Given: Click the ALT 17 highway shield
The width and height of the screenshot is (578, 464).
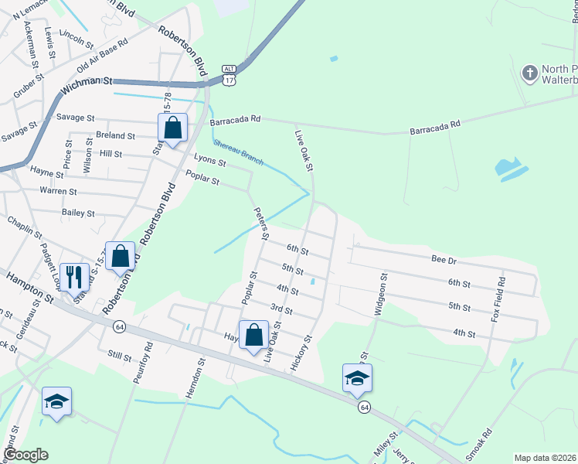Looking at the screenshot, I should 229,74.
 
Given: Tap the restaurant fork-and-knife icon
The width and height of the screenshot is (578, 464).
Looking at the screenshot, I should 75,275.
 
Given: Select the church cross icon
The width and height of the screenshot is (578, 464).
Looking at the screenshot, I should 530,74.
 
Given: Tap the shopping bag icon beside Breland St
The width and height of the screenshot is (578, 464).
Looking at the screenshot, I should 173,128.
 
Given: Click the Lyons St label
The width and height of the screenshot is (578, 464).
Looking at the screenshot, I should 209,162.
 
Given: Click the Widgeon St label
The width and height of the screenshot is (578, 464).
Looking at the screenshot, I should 379,294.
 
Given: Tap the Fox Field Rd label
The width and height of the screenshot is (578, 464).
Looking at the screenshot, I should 499,300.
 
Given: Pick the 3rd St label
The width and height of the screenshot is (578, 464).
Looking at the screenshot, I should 281,310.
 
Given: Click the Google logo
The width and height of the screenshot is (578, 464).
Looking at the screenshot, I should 25,455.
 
